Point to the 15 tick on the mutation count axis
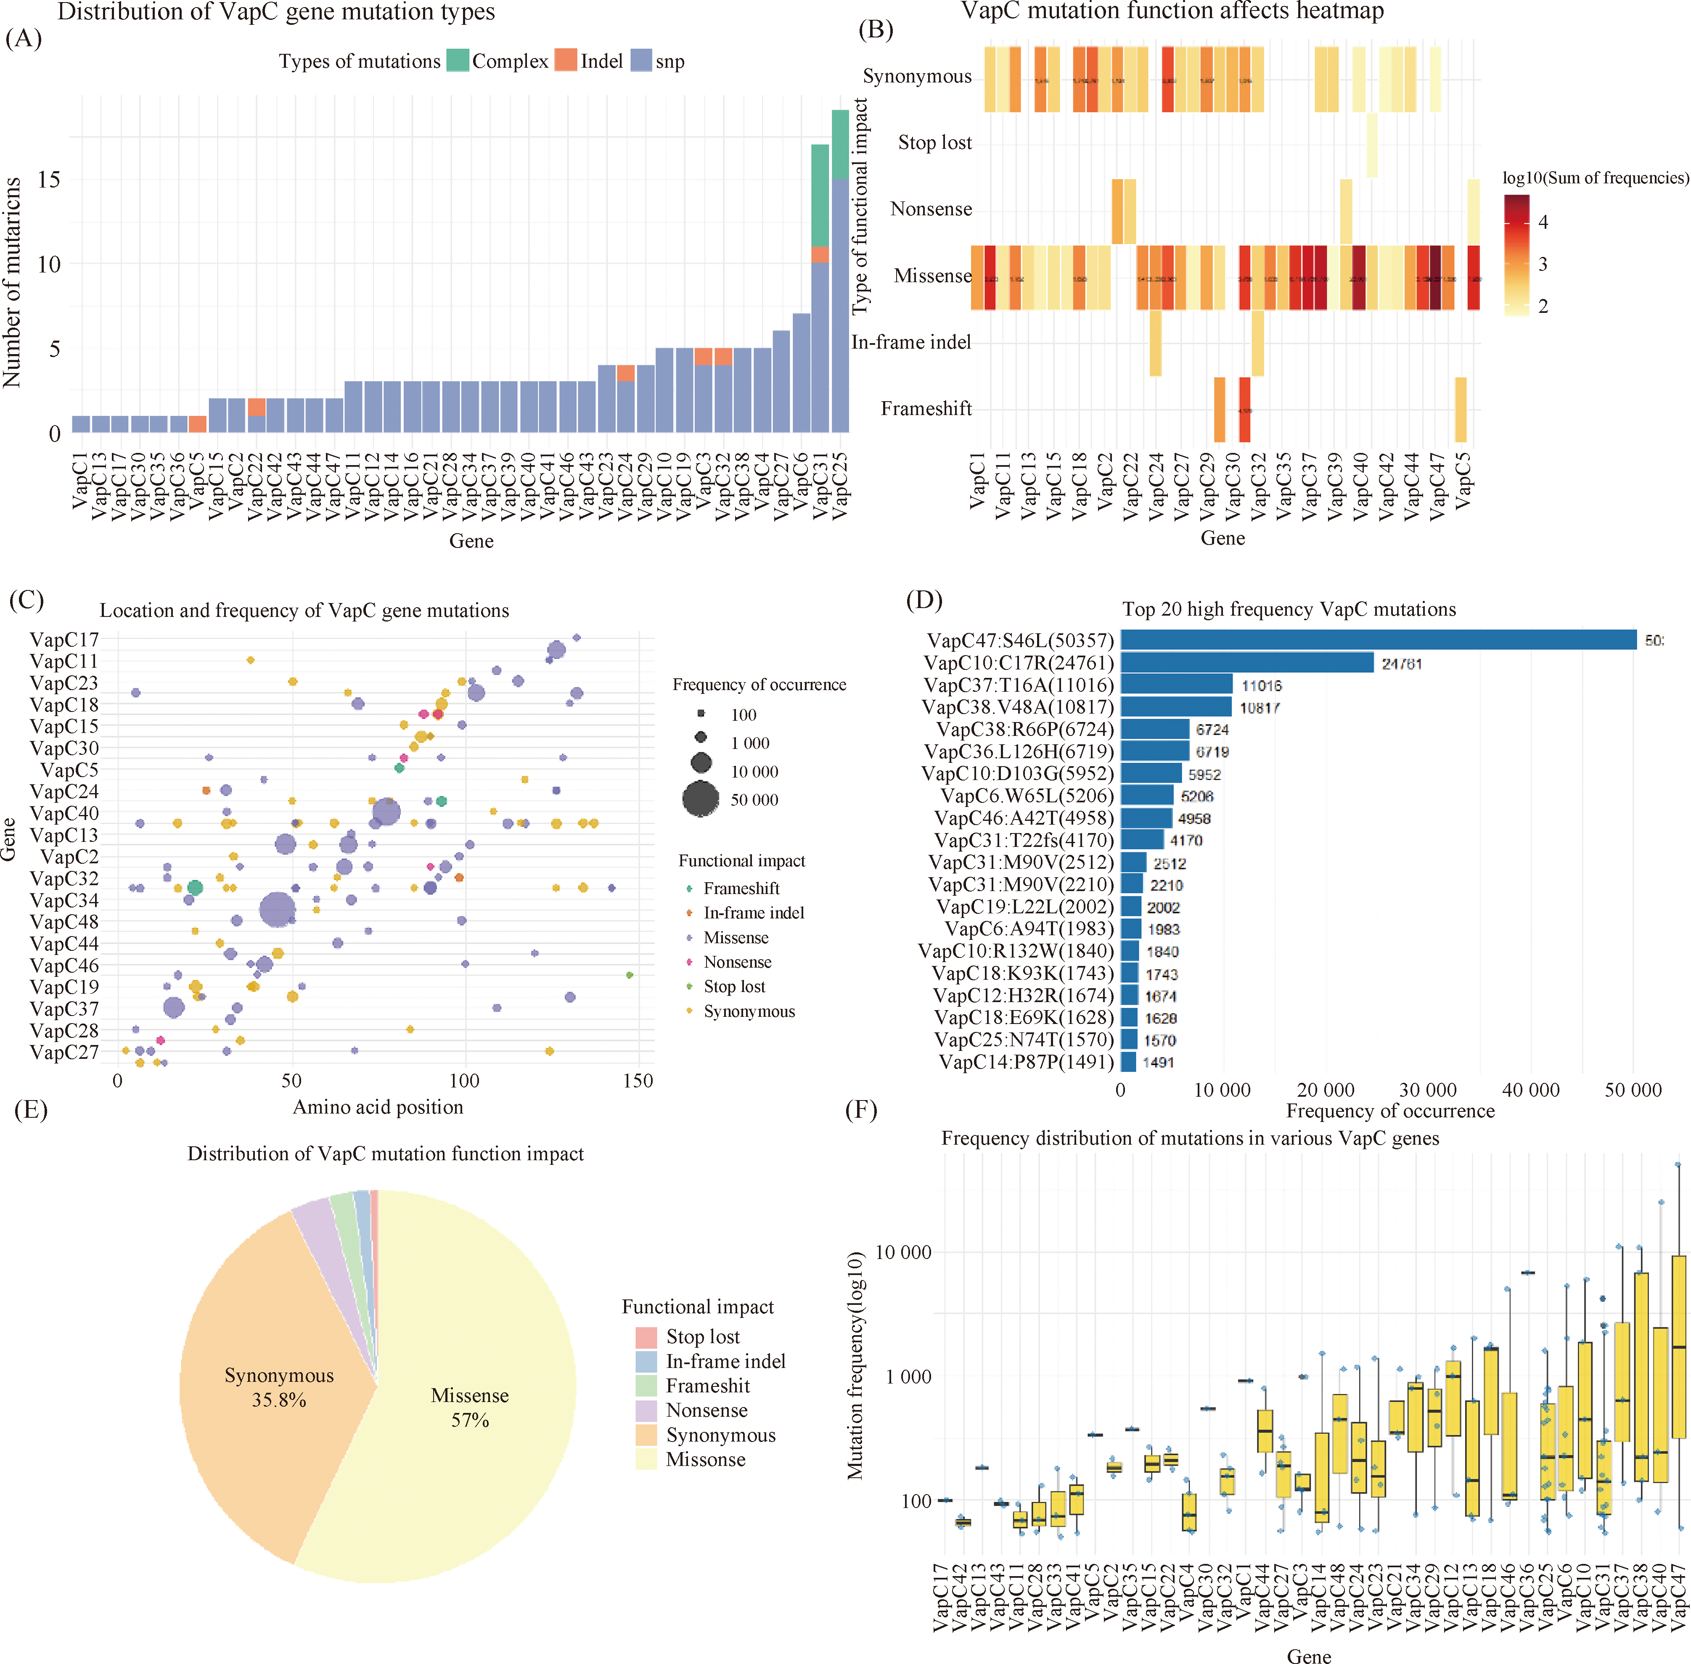pos(49,180)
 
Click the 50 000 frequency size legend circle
pos(701,799)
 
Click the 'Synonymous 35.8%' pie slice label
pos(279,1387)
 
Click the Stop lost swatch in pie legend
pos(646,1336)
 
